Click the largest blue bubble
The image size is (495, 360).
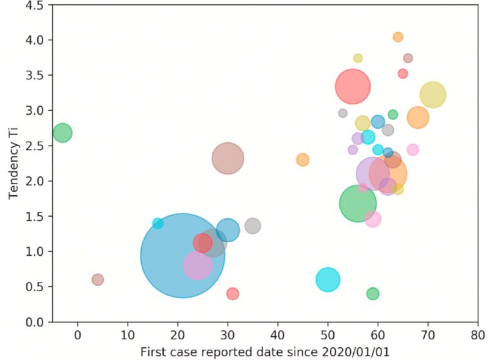click(182, 255)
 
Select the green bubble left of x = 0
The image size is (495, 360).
click(62, 133)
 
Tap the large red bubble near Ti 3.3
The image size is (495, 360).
click(353, 86)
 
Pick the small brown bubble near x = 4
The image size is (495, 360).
click(97, 279)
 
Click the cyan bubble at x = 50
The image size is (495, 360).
click(328, 279)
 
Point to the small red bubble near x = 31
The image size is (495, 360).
click(233, 294)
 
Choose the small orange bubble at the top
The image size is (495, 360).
click(398, 37)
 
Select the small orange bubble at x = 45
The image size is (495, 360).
click(302, 160)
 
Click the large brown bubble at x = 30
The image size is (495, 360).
click(228, 158)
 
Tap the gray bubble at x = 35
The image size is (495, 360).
click(253, 226)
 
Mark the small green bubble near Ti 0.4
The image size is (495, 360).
click(373, 294)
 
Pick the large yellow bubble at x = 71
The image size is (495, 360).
click(432, 95)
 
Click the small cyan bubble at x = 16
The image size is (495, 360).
click(158, 223)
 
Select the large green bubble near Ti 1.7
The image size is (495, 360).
click(358, 203)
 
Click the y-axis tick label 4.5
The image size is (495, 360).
click(35, 5)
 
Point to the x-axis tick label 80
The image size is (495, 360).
click(478, 336)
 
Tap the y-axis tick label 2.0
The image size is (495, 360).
click(35, 181)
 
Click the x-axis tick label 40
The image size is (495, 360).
click(278, 336)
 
